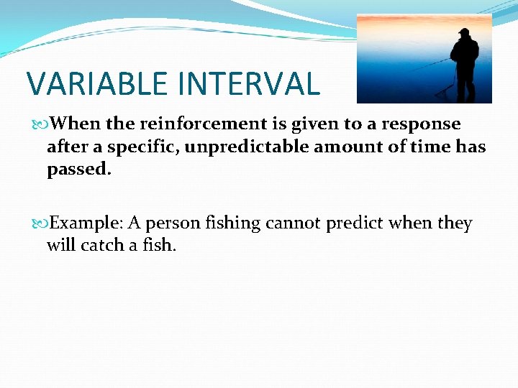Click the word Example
click(x=85, y=223)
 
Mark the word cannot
click(x=293, y=223)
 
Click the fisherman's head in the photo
click(x=463, y=34)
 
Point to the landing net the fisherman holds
click(x=445, y=89)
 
